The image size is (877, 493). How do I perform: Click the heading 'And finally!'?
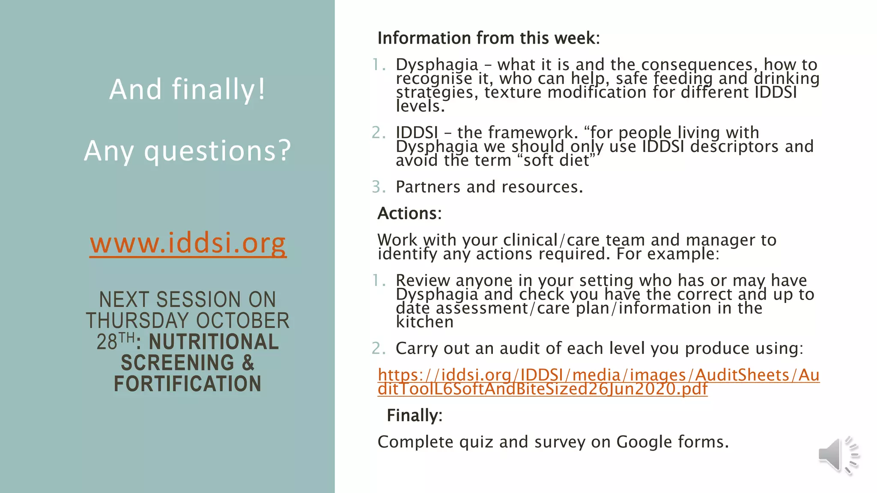188,89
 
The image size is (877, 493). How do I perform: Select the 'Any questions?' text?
188,151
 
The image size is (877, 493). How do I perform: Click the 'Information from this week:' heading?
489,39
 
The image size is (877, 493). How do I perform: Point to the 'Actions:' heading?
409,214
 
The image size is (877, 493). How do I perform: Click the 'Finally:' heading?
415,416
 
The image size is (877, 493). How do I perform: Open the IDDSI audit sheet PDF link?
598,382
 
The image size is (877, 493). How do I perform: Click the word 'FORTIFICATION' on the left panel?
188,384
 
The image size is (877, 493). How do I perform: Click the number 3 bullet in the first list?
378,187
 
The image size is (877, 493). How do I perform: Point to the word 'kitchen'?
424,322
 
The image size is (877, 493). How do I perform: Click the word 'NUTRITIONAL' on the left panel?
214,342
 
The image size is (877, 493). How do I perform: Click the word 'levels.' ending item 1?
420,106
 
